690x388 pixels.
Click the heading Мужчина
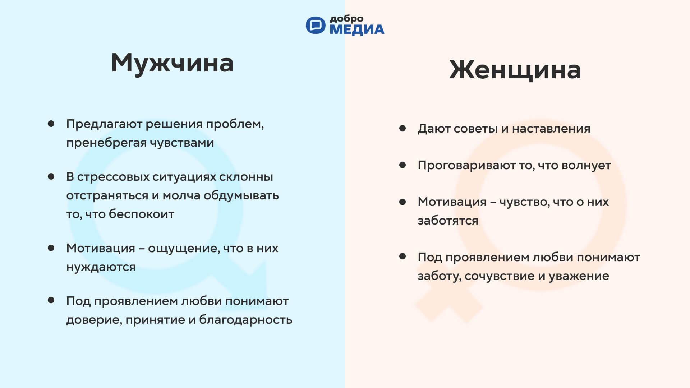(172, 63)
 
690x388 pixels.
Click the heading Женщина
(515, 70)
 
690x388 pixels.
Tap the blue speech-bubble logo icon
(315, 25)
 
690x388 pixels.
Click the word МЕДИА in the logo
(357, 30)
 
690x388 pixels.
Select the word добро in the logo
(346, 19)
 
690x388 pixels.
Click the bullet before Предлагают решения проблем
(51, 124)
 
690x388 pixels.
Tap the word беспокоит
(142, 214)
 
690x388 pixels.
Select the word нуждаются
(101, 267)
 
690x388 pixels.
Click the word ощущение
(183, 249)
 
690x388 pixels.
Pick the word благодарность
(246, 320)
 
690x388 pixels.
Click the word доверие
(94, 320)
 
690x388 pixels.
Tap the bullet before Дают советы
(402, 128)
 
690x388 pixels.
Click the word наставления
(551, 129)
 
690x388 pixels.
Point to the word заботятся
(448, 221)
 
